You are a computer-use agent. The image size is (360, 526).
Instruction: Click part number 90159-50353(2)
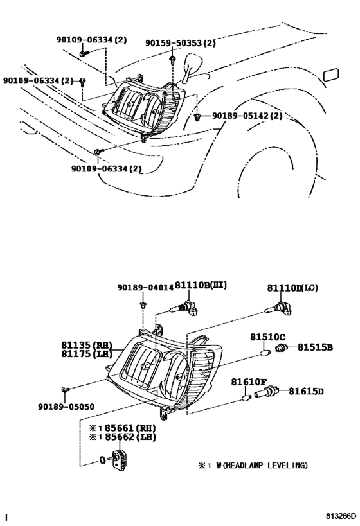pyautogui.click(x=181, y=43)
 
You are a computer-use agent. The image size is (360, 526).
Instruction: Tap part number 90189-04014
pyautogui.click(x=145, y=288)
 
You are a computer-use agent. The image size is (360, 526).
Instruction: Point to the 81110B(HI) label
pyautogui.click(x=201, y=285)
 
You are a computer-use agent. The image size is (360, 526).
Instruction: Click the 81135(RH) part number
pyautogui.click(x=88, y=344)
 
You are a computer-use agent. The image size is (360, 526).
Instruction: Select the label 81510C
pyautogui.click(x=264, y=337)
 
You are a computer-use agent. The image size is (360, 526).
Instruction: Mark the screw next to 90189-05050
pyautogui.click(x=65, y=389)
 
